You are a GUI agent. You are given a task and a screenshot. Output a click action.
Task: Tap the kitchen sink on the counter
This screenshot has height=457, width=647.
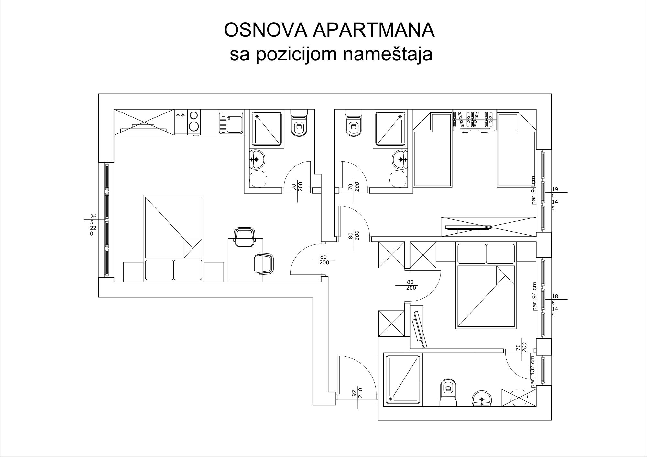click(x=231, y=122)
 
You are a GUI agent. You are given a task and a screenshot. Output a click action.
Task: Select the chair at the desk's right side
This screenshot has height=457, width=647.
click(x=264, y=263)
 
